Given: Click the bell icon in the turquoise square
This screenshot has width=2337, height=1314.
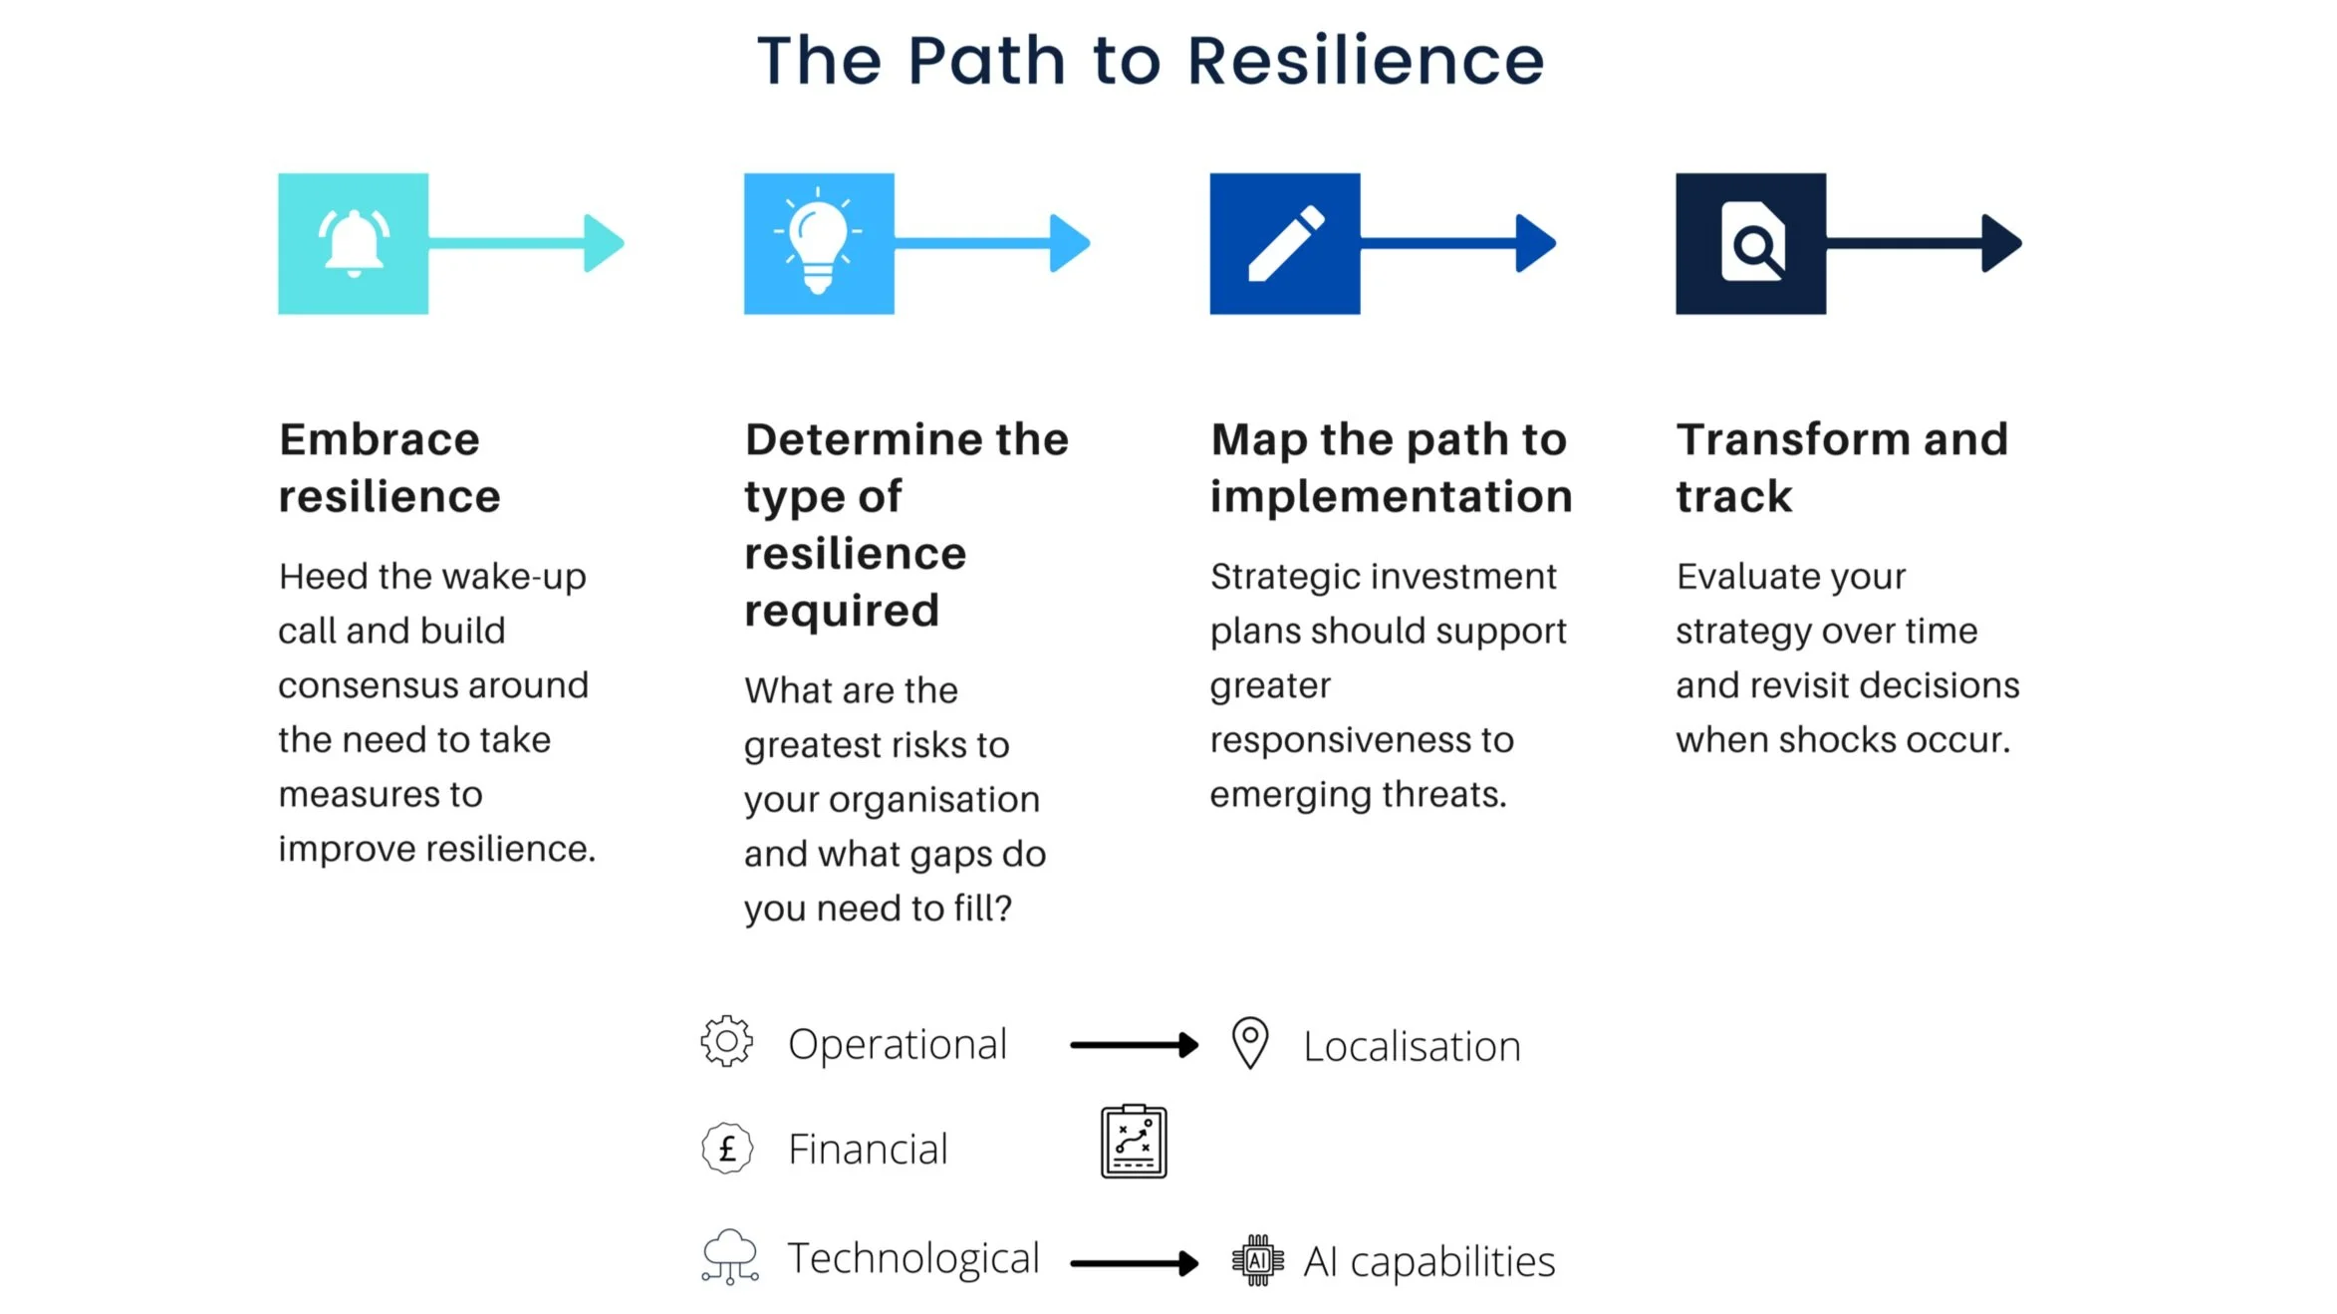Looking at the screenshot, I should pyautogui.click(x=354, y=243).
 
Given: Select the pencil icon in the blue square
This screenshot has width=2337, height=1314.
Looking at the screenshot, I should pyautogui.click(x=1286, y=244).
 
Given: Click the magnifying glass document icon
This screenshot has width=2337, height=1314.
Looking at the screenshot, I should pyautogui.click(x=1752, y=242).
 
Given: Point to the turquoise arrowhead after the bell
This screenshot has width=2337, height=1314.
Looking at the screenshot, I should pyautogui.click(x=603, y=243).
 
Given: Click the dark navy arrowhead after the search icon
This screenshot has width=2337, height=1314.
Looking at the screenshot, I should pyautogui.click(x=2000, y=243).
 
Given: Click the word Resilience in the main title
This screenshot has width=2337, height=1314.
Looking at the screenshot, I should pyautogui.click(x=1365, y=61).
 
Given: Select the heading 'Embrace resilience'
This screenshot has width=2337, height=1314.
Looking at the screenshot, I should pyautogui.click(x=389, y=467).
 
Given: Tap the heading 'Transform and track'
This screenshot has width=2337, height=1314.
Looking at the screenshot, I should pyautogui.click(x=1841, y=467).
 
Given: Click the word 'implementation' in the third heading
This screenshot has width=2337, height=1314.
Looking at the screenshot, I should pyautogui.click(x=1391, y=496).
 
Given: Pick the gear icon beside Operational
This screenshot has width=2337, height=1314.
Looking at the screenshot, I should pyautogui.click(x=727, y=1042).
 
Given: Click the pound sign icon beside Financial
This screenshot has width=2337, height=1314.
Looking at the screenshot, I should pyautogui.click(x=727, y=1149).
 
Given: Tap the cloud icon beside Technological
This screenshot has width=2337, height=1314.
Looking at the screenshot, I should pyautogui.click(x=730, y=1256).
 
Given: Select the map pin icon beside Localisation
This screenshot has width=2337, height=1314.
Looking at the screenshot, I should pyautogui.click(x=1250, y=1042).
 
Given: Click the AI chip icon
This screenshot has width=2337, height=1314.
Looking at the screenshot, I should pyautogui.click(x=1258, y=1260).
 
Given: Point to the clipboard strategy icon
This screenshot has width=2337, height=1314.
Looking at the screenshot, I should pyautogui.click(x=1134, y=1142).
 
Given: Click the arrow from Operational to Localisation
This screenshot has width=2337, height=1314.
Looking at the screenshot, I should pyautogui.click(x=1134, y=1045).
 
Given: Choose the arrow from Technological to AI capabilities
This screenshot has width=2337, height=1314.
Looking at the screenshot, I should pyautogui.click(x=1134, y=1263).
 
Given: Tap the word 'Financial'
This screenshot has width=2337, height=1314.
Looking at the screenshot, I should pyautogui.click(x=868, y=1150).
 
